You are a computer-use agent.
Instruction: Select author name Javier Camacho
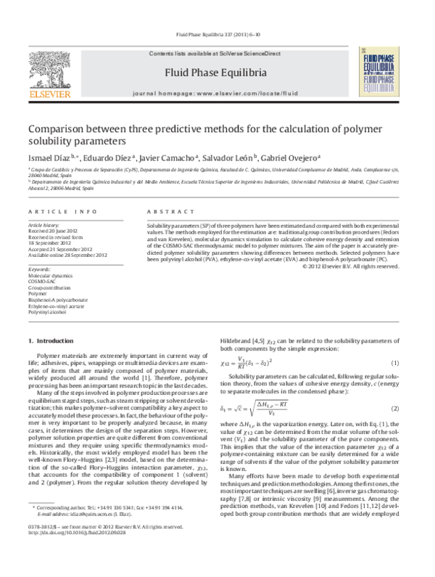(x=162, y=157)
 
